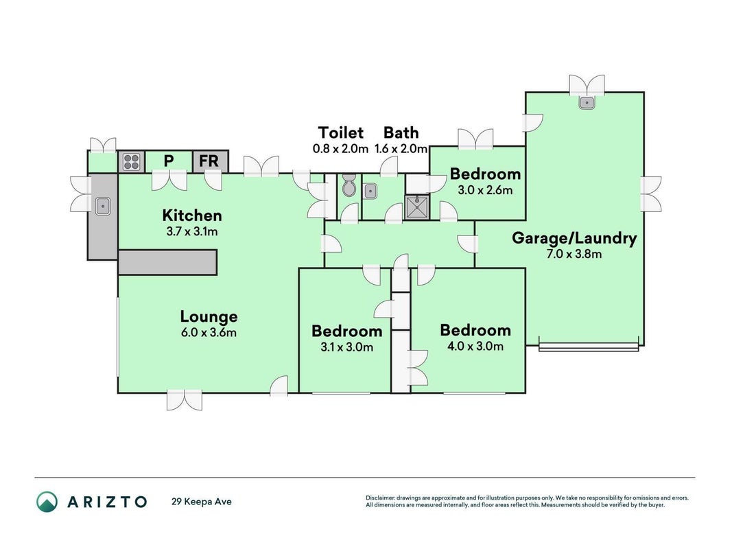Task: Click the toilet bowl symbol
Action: pos(349,185)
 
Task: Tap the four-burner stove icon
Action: pos(131,162)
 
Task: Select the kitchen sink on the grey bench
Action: pos(103,206)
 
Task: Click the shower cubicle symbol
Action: pos(416,207)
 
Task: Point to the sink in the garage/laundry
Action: pos(587,102)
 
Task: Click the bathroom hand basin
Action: pos(370,191)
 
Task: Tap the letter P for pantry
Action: pos(169,161)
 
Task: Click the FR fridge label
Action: pos(209,161)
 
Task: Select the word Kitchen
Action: pos(192,215)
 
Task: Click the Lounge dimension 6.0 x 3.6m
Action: pos(208,333)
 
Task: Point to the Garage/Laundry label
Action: pos(574,238)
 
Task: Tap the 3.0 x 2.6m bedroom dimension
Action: pos(485,190)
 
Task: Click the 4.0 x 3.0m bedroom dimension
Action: pos(475,347)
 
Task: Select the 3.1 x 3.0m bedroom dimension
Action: pos(346,347)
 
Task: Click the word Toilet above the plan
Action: pos(341,132)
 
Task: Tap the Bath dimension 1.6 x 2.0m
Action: pos(401,149)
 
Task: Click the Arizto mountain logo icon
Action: pos(47,502)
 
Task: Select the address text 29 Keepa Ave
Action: pos(202,502)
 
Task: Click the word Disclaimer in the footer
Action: pos(381,498)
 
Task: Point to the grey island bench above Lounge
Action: pos(167,262)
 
